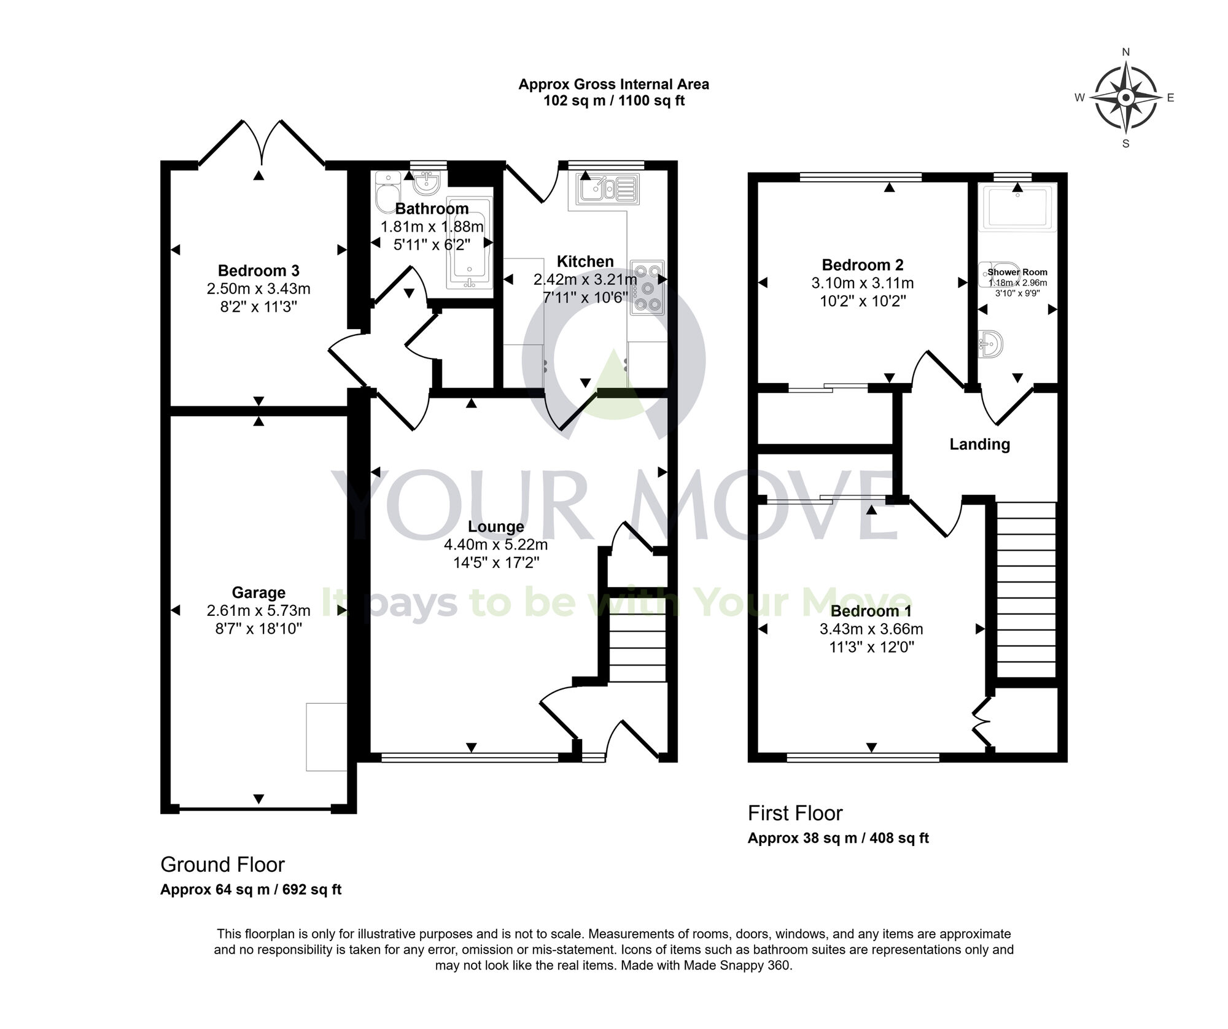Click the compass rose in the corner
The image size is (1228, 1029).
(1125, 98)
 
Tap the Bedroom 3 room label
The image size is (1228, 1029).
(258, 270)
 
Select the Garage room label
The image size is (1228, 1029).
(258, 592)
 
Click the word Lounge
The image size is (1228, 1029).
(496, 526)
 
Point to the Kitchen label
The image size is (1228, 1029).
(585, 262)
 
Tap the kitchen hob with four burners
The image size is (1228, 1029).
(647, 287)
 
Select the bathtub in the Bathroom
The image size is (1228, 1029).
(469, 243)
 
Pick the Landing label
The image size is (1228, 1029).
(979, 444)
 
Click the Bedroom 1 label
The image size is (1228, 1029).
(871, 611)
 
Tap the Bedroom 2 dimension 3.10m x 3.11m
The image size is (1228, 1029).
(863, 283)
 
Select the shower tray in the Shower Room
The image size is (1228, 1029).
(1018, 206)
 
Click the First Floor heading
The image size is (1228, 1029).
(795, 813)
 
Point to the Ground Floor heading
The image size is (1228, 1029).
(222, 864)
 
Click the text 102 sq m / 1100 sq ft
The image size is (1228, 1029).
(614, 101)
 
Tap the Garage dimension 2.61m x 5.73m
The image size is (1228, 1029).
(258, 610)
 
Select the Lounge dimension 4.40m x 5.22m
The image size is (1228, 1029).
(496, 544)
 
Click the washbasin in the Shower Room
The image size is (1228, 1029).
(990, 344)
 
